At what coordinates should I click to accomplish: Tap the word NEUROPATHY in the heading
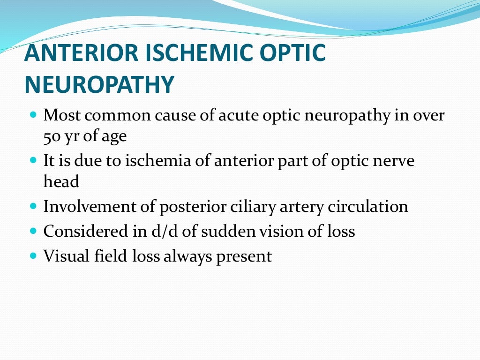[99, 85]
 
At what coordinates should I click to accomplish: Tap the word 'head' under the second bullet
[61, 182]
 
